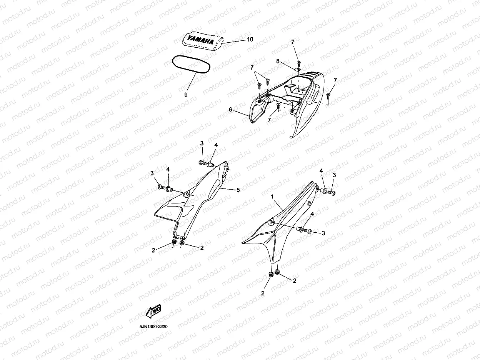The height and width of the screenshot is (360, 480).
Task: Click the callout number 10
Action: coord(250,39)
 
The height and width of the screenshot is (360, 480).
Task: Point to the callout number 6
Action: coord(230,110)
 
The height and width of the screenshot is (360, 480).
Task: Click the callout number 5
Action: coord(238,190)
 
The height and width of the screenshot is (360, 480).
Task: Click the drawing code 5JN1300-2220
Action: coord(153,327)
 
